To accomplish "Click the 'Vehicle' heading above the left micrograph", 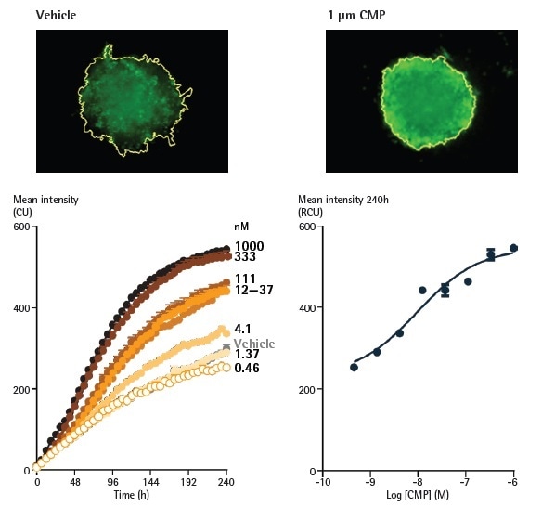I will point(57,16).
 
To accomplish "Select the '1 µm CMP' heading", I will point(356,16).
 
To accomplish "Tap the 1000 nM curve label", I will point(250,246).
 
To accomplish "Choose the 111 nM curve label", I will point(245,279).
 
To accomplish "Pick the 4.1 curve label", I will point(242,329).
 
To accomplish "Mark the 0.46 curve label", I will point(246,369).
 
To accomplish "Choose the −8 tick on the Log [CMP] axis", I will point(418,484).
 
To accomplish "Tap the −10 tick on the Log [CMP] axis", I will point(321,484).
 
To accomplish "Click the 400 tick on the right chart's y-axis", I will point(305,307).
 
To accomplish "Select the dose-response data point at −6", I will point(513,248).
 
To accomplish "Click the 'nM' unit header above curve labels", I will point(239,226).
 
